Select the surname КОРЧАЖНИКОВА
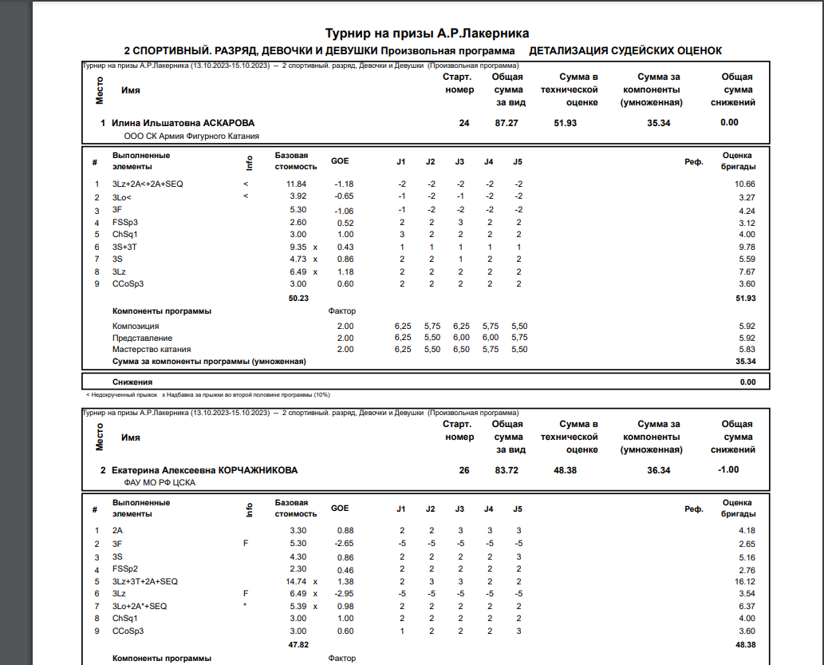pos(258,470)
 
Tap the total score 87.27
pos(507,123)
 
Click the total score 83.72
pos(507,470)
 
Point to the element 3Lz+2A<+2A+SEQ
pos(148,184)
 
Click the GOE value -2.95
pos(344,594)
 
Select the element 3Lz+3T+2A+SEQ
pos(146,582)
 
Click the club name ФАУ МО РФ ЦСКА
pos(160,483)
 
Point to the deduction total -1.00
pos(728,469)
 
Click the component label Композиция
pos(136,327)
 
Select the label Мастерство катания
pos(152,350)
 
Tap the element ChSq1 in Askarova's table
pos(125,235)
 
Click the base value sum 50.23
pos(298,298)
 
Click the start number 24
pos(464,123)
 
